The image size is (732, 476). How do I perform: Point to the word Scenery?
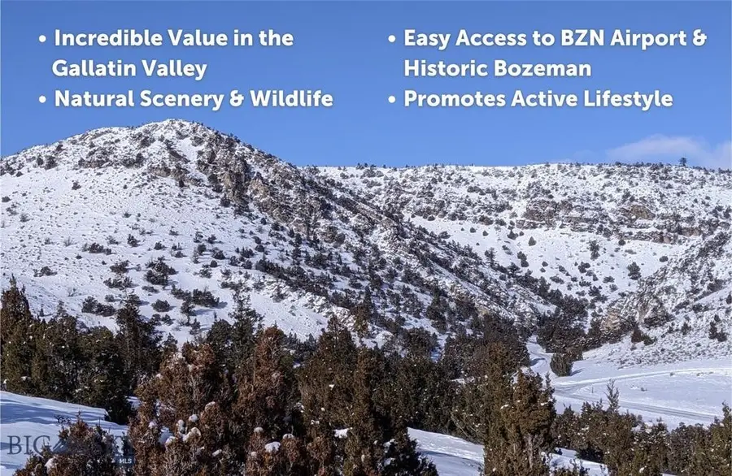(188, 99)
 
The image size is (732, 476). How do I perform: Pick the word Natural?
(94, 99)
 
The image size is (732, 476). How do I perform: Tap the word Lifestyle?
(625, 99)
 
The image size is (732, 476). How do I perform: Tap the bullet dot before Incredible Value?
(42, 39)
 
